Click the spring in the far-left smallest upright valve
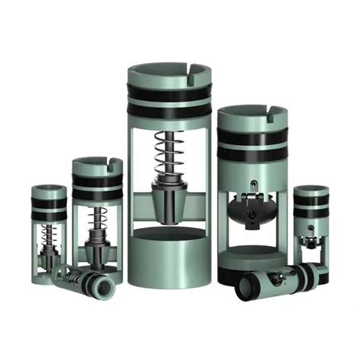(x=50, y=236)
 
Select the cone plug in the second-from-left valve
(x=97, y=248)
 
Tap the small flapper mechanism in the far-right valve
(x=310, y=241)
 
